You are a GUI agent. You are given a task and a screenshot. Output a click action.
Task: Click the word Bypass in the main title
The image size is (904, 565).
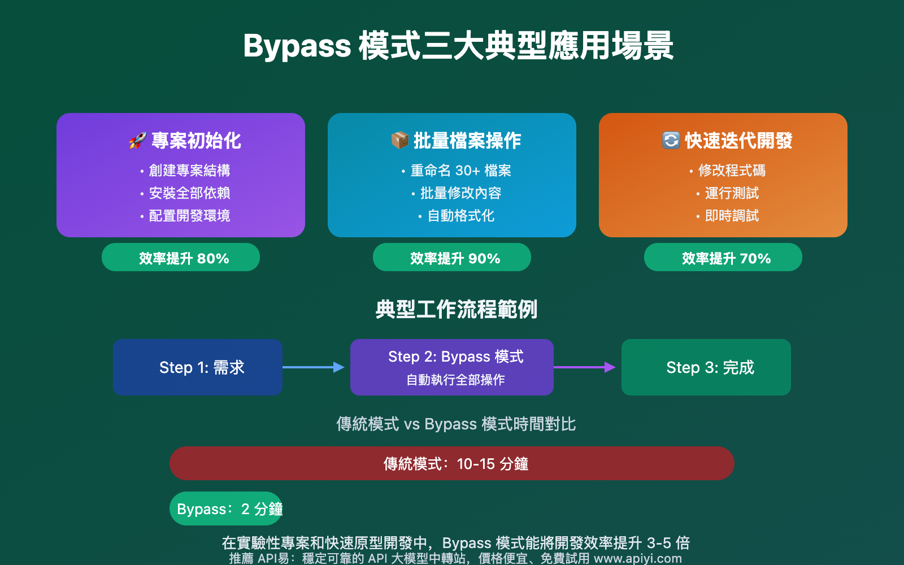(x=297, y=46)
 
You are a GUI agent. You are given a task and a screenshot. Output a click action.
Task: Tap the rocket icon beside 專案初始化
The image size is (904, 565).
(x=137, y=141)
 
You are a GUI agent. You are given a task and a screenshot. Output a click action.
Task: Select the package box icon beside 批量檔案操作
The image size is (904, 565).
(x=399, y=140)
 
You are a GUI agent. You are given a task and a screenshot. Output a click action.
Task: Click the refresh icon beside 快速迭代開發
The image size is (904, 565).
(x=671, y=140)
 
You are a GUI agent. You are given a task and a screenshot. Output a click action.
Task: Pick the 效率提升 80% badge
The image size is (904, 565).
(x=181, y=258)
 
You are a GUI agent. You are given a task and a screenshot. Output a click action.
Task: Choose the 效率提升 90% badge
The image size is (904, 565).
(x=452, y=258)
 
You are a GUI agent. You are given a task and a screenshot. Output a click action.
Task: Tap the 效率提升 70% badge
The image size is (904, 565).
(x=723, y=258)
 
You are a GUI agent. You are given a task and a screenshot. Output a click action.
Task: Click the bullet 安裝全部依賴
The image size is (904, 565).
(x=189, y=193)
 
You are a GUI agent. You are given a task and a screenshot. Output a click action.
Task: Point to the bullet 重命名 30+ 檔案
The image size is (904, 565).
(x=460, y=171)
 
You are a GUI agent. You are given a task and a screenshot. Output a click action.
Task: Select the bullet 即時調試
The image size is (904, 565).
(x=732, y=216)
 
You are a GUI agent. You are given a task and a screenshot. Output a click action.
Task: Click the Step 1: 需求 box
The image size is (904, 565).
(x=198, y=367)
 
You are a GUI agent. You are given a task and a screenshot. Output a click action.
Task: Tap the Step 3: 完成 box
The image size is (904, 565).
(x=706, y=367)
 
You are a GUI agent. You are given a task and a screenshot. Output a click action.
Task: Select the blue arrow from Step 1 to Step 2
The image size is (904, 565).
(x=314, y=367)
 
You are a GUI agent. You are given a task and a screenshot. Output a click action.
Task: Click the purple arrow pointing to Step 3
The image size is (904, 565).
(x=585, y=367)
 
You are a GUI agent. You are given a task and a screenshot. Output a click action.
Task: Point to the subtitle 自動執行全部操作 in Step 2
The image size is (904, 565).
(x=455, y=380)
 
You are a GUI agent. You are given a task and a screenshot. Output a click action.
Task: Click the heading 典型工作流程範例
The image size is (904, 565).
(x=457, y=310)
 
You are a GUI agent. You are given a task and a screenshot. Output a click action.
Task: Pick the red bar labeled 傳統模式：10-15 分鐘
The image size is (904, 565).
(x=452, y=463)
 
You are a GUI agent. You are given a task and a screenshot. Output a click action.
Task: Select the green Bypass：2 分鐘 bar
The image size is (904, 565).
(x=226, y=508)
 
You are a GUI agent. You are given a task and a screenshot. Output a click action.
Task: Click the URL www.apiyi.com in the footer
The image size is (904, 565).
(x=638, y=558)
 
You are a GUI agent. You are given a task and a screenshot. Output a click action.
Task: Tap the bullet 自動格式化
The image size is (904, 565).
(x=460, y=216)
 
